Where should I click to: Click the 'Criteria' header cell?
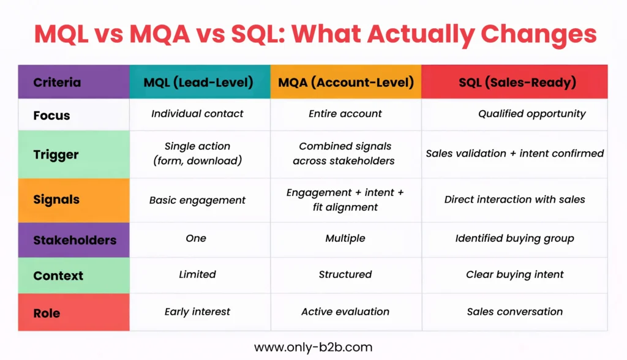tap(57, 82)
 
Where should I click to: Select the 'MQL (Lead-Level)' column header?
tap(198, 82)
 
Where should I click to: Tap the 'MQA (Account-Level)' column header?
tap(345, 82)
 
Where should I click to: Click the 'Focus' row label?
tap(51, 115)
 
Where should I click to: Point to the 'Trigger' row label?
tap(56, 154)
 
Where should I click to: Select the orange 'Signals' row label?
tap(56, 200)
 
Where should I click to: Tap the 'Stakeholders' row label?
tap(75, 240)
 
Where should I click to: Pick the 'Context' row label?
tap(58, 275)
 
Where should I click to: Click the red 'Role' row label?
tap(47, 312)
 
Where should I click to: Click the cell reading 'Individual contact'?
tap(197, 114)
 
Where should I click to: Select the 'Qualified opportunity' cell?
tap(531, 114)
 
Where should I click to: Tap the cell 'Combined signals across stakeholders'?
tap(345, 154)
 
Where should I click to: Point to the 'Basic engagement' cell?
tap(197, 200)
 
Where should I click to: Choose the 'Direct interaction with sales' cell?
tap(514, 200)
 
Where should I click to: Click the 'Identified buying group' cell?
tap(514, 239)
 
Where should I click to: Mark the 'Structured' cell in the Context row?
tap(345, 274)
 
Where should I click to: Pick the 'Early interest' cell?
tap(197, 312)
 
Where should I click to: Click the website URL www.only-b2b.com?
tap(313, 347)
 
